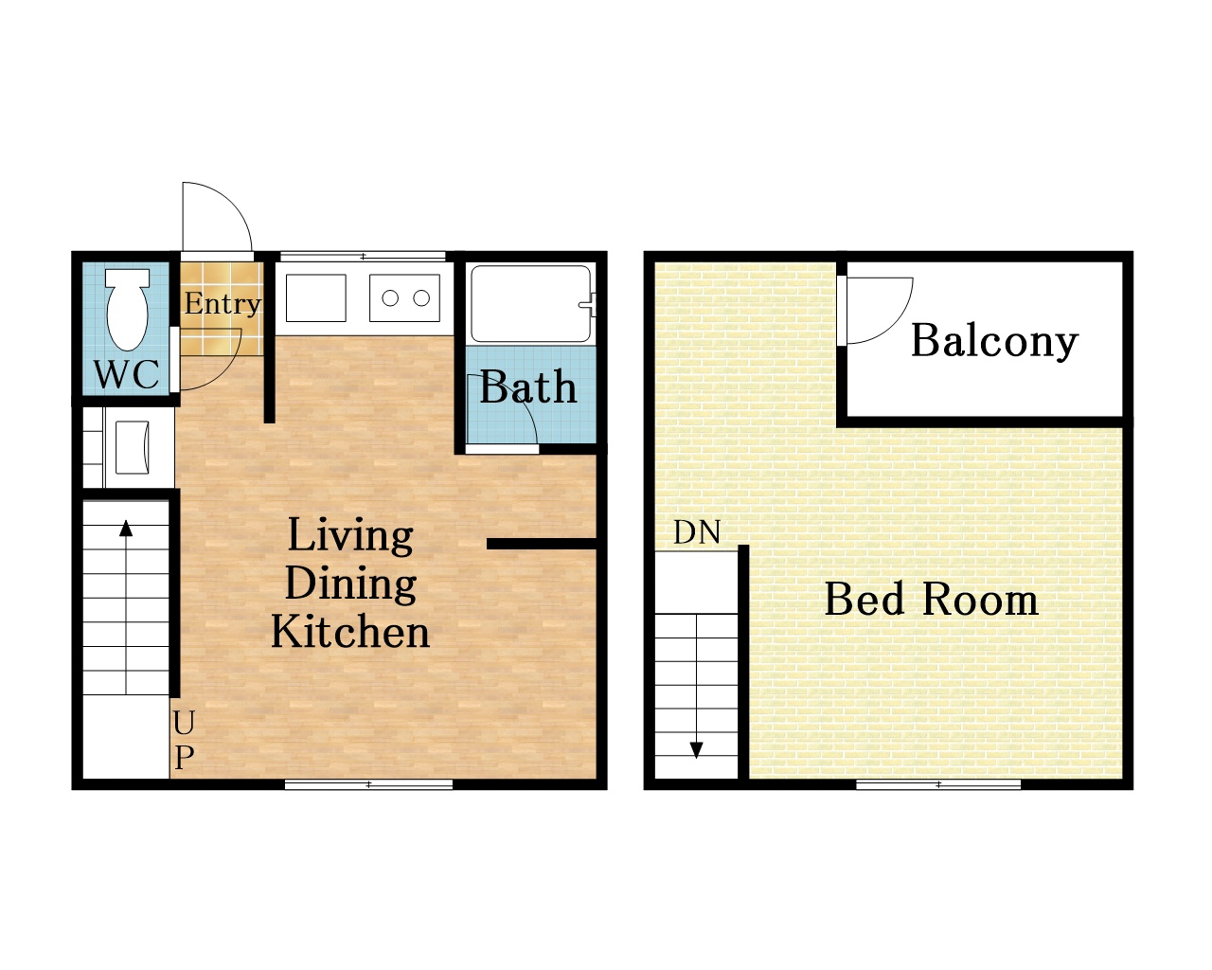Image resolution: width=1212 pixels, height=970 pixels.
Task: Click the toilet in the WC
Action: (128, 310)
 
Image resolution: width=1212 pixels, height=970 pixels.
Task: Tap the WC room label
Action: (126, 373)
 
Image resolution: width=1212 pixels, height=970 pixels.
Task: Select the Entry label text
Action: (223, 304)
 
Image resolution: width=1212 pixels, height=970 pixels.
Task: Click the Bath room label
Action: (527, 386)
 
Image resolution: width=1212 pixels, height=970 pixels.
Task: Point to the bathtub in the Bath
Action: (531, 304)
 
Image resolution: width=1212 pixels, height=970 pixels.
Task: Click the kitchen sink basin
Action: (316, 298)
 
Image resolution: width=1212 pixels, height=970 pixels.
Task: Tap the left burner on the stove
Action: (390, 298)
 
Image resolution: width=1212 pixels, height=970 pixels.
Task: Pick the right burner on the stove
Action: (421, 298)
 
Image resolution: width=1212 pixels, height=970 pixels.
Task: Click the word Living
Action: (350, 536)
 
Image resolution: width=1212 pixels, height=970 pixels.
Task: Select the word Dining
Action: (350, 584)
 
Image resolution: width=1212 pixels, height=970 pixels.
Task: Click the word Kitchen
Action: (350, 632)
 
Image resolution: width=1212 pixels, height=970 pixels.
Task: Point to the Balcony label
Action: (994, 342)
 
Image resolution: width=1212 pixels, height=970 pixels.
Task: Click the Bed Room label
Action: (931, 599)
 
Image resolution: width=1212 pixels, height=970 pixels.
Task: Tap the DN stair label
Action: (697, 532)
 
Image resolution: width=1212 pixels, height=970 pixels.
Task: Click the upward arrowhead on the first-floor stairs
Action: (126, 529)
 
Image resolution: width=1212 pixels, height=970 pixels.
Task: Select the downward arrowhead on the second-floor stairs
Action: (697, 751)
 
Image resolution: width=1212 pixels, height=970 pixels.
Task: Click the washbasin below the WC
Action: (133, 447)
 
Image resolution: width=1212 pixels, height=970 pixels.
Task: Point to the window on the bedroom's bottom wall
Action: (938, 784)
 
